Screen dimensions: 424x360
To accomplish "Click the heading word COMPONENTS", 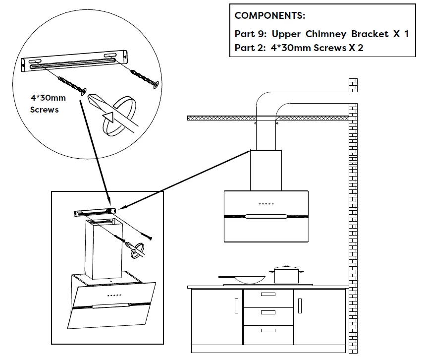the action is pyautogui.click(x=269, y=16).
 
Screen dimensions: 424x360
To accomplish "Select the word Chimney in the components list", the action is pyautogui.click(x=326, y=34).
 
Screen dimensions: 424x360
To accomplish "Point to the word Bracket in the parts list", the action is pyautogui.click(x=370, y=34).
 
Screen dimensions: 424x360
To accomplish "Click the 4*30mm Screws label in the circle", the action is pyautogui.click(x=48, y=104).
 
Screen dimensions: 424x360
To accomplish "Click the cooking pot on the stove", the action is pyautogui.click(x=286, y=275).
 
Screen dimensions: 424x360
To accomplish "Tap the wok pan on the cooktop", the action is pyautogui.click(x=242, y=280).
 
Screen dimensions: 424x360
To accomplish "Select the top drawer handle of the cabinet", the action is pyautogui.click(x=268, y=294).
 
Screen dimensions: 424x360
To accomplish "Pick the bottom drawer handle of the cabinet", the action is pyautogui.click(x=268, y=330).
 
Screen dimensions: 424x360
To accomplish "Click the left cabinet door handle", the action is pyautogui.click(x=236, y=306).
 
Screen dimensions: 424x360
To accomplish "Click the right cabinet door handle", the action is pyautogui.click(x=300, y=306).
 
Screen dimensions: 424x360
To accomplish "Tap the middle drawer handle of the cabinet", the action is pyautogui.click(x=268, y=312).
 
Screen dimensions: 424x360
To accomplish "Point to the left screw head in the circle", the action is pyautogui.click(x=84, y=92).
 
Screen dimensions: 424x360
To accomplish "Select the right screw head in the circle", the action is pyautogui.click(x=156, y=84).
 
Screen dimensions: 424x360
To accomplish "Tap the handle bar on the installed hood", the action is pyautogui.click(x=266, y=216).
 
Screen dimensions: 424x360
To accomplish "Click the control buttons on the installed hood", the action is pyautogui.click(x=266, y=203).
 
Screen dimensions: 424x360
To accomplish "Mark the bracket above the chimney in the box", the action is pyautogui.click(x=95, y=212).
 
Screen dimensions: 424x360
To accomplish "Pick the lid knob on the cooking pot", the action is pyautogui.click(x=287, y=266).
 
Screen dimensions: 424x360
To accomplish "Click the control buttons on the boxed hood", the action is pyautogui.click(x=114, y=296).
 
